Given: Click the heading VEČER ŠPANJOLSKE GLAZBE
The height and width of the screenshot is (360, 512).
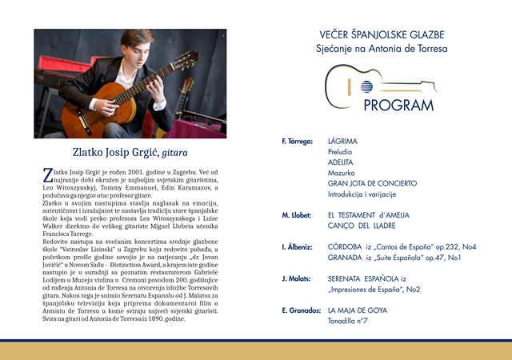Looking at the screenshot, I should pos(382,35).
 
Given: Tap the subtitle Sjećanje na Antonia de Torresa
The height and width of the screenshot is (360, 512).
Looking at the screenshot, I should pos(382,49).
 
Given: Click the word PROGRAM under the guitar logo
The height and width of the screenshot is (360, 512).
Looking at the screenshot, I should pos(398,106).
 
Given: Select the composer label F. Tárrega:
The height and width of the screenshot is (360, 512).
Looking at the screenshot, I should pos(297,142).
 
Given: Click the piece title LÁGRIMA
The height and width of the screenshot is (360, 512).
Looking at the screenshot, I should pos(342,142).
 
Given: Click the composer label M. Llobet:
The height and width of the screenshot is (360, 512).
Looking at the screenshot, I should pos(296,216).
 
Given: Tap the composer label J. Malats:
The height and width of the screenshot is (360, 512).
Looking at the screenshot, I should pos(296,279).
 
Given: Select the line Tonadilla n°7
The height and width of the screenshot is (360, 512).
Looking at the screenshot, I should pos(348,321).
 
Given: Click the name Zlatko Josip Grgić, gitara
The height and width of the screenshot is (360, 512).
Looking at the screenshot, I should pos(130,152).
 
